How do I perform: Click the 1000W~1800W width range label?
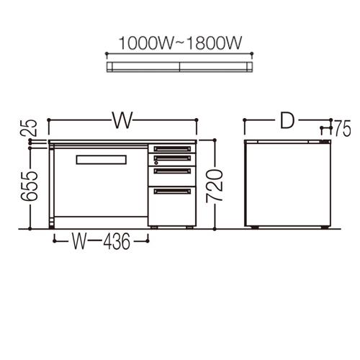tap(180, 43)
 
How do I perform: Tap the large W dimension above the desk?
tap(122, 120)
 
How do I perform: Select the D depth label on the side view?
tap(287, 120)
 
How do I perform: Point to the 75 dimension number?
tap(343, 129)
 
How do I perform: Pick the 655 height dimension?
tap(30, 186)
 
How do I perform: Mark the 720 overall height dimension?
tap(215, 186)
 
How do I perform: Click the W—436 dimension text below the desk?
tap(102, 240)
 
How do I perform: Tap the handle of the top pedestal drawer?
tap(172, 149)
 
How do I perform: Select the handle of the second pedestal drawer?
tap(172, 158)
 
